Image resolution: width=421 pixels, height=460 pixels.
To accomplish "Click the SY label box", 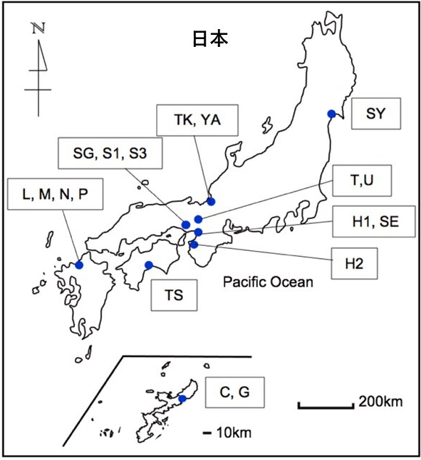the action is pos(376,114).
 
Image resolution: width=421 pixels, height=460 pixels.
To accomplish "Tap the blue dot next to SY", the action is pos(332,114).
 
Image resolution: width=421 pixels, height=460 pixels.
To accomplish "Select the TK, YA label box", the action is pos(197,120).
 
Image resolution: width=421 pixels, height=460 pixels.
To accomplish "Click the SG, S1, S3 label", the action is pos(110,153).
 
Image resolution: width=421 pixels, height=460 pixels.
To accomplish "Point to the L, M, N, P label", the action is pos(56,194).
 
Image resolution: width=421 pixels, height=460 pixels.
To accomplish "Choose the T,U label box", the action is pos(362,181).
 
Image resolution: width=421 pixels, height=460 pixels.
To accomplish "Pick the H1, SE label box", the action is pos(374,222).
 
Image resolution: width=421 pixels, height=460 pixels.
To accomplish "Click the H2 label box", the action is pos(354,264).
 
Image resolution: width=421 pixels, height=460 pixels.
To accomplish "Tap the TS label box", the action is pos(174,295).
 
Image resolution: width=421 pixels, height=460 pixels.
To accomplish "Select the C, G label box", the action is pos(234,392).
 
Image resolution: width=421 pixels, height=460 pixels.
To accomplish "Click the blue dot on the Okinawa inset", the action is pos(182,399).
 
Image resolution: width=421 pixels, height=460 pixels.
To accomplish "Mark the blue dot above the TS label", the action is pos(149,265).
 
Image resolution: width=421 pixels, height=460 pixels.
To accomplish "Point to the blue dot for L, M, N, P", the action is pos(79,265).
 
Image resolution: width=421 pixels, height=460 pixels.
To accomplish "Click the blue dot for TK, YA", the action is pos(211,201).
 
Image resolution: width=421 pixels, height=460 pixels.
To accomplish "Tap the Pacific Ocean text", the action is pos(268,282).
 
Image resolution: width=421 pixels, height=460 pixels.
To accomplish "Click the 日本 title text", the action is pos(210,38).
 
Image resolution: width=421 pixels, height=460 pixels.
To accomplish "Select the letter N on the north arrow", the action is pos(38,28).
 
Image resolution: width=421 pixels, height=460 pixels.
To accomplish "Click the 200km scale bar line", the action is pos(326,406).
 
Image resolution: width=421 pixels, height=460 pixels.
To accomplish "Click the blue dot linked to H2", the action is pos(194,244).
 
